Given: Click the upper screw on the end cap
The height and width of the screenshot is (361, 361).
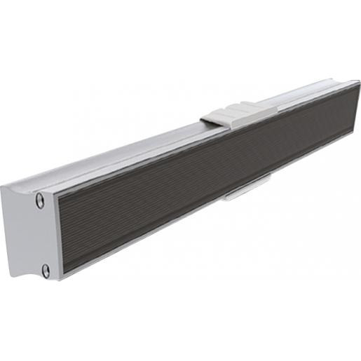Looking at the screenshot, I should [41, 200].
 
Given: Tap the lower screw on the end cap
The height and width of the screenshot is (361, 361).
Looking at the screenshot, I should [46, 270].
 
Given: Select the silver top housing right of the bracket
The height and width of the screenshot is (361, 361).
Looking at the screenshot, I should [308, 95].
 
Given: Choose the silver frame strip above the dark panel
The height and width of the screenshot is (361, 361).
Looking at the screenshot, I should [175, 153].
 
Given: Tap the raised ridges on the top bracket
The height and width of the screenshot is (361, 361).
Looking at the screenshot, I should [242, 111].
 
